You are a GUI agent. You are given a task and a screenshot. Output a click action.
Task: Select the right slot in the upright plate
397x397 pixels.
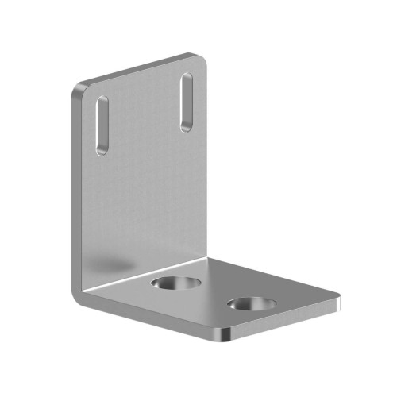click(x=186, y=102)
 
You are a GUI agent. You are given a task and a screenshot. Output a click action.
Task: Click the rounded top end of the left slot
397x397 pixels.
click(x=103, y=99)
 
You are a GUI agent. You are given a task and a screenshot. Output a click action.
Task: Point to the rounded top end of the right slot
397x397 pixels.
click(x=187, y=77)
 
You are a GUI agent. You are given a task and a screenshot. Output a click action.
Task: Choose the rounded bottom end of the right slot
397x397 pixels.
click(x=185, y=127)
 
